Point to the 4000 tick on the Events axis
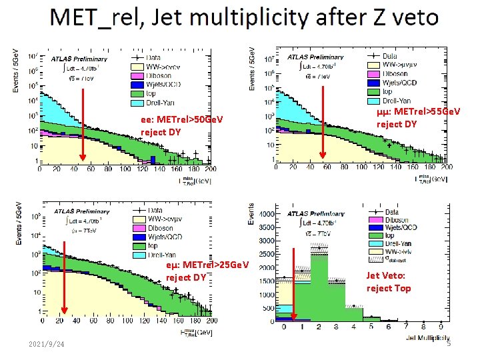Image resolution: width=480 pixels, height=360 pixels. [x=264, y=215]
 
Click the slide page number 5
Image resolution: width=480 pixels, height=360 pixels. [x=449, y=343]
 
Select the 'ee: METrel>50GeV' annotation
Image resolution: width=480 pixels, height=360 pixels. [x=181, y=120]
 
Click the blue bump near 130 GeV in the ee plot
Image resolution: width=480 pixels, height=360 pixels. [x=153, y=159]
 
